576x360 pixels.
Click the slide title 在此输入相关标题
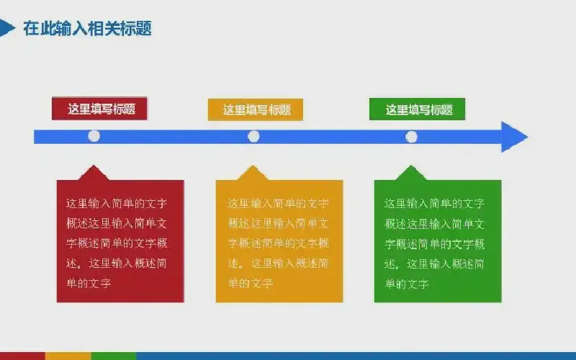click(x=87, y=28)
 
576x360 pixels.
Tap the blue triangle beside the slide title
click(x=6, y=28)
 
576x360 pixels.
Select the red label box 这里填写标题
click(x=99, y=109)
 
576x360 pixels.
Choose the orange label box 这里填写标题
click(x=256, y=109)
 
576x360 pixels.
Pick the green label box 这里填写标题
click(x=418, y=109)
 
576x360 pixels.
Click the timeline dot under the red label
click(x=94, y=136)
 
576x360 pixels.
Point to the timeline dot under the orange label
click(x=253, y=136)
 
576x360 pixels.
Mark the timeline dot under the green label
click(x=411, y=137)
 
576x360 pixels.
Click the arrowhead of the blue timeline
click(x=515, y=137)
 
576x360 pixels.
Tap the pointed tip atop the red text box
click(x=94, y=166)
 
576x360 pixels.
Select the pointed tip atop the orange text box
click(x=253, y=166)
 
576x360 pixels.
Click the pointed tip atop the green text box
click(x=411, y=166)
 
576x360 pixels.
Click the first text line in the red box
click(x=117, y=204)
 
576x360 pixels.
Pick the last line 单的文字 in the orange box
click(x=250, y=283)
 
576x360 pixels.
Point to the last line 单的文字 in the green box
click(x=407, y=284)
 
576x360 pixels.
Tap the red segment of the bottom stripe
click(x=22, y=356)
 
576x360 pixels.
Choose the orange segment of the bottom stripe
click(x=68, y=356)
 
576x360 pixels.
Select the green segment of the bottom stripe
click(x=114, y=356)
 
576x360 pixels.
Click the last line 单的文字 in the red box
click(x=89, y=283)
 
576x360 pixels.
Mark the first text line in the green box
click(x=435, y=204)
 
